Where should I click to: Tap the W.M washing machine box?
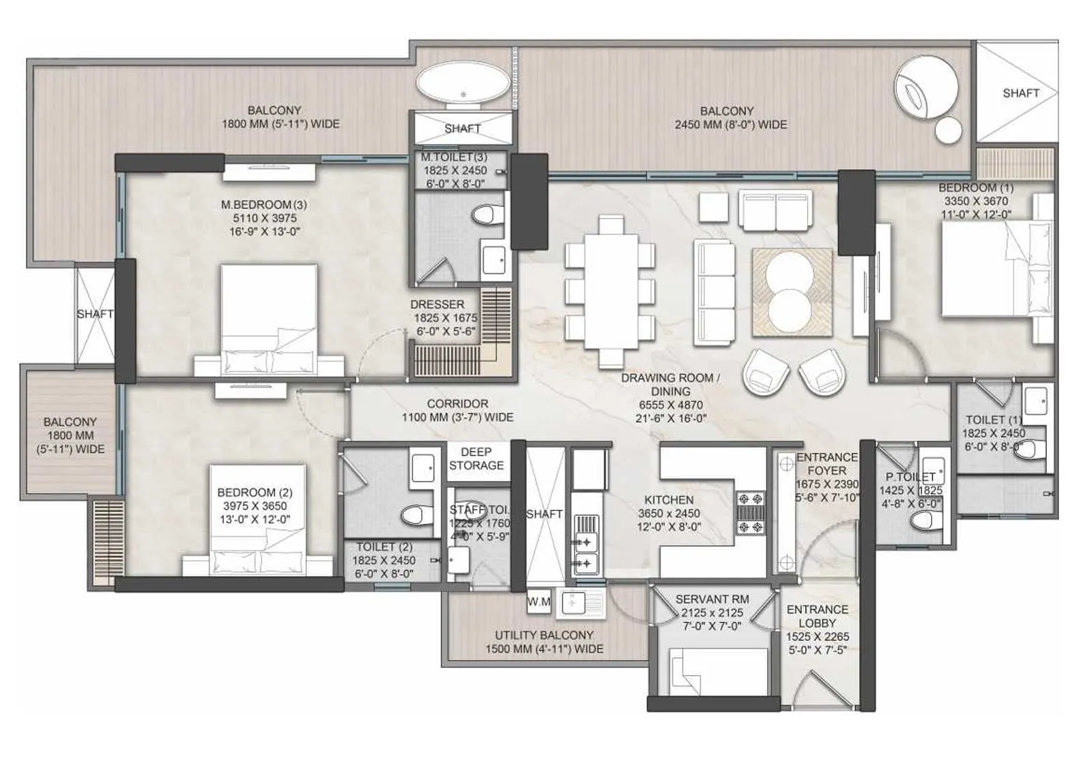click(x=538, y=602)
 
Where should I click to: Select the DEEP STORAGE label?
click(x=476, y=458)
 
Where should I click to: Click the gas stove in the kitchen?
click(x=751, y=513)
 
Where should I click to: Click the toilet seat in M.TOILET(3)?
click(x=484, y=216)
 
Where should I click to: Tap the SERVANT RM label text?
click(x=712, y=599)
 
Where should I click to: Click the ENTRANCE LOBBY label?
click(x=817, y=616)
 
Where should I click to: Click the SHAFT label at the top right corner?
click(x=1020, y=93)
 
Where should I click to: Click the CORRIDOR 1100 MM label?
click(x=457, y=410)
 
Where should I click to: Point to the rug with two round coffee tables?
click(x=792, y=292)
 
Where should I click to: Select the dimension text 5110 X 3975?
click(x=265, y=218)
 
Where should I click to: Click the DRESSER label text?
click(x=437, y=304)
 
